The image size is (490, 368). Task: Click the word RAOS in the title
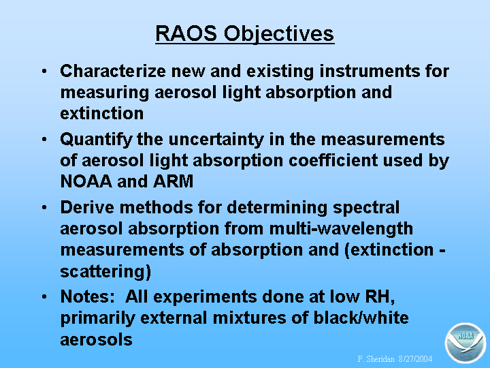pos(186,33)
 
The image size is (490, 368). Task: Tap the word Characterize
pos(113,71)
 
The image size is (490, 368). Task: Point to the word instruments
pos(369,71)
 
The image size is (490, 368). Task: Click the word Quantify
pos(96,140)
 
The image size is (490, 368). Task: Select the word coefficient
pos(333,160)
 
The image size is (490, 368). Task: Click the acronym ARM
pos(174,181)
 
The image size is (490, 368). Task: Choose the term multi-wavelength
pos(341,229)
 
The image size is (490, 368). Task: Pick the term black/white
pos(361,318)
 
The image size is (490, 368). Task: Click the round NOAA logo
pos(465,343)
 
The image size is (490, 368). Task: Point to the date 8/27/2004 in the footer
pos(415,358)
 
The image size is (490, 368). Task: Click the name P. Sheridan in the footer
pos(376,358)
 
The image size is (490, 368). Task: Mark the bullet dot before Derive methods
pos(44,207)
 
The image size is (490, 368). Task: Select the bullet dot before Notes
pos(44,296)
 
